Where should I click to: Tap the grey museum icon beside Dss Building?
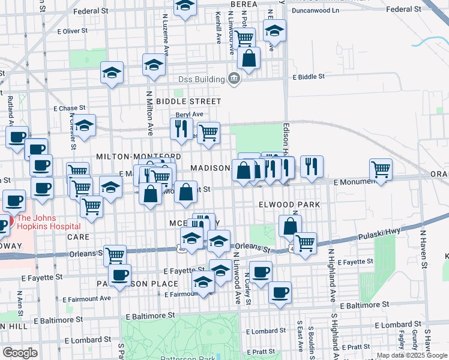tap(234, 79)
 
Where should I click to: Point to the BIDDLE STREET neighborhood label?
tap(188, 101)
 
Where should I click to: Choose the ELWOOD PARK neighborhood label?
tap(289, 205)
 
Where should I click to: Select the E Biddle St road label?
tap(309, 77)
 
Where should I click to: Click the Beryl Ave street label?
tap(189, 115)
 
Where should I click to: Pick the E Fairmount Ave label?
tap(87, 298)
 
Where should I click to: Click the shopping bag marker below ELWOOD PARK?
tap(289, 226)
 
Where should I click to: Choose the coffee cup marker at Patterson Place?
tap(119, 274)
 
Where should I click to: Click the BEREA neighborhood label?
tap(244, 4)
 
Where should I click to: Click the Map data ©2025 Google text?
tap(411, 355)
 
